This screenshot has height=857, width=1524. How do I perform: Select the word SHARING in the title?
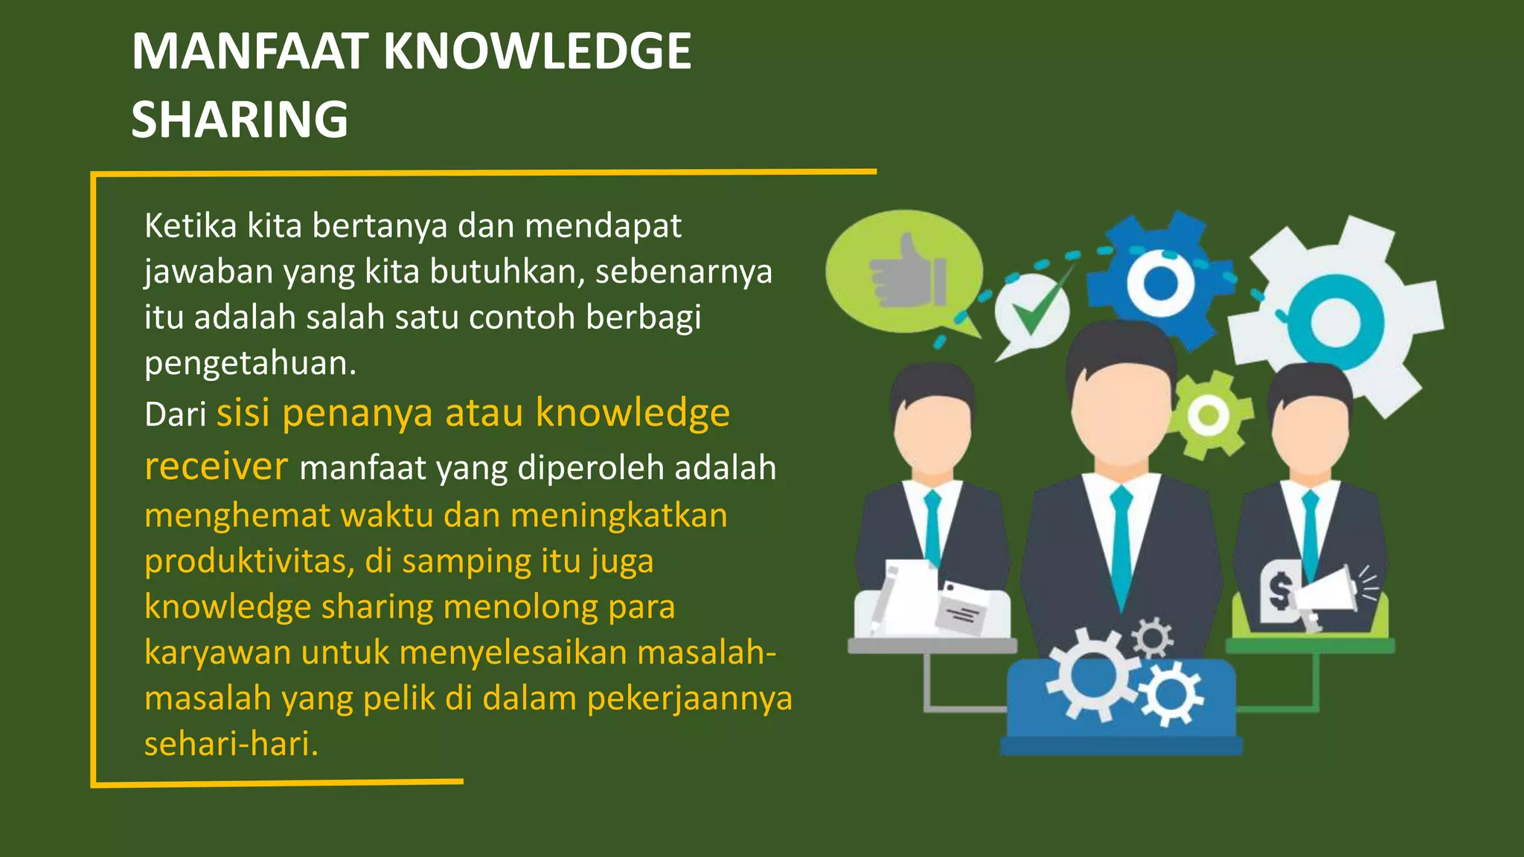240,120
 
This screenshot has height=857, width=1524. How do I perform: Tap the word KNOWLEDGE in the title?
537,51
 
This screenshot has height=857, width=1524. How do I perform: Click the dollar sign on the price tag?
1280,592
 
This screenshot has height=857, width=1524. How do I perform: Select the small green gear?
1208,414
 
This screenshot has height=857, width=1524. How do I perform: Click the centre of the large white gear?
1336,321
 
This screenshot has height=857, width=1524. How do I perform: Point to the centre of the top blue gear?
1159,283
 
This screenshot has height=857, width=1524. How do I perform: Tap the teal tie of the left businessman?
932,524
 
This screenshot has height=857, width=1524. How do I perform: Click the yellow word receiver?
216,466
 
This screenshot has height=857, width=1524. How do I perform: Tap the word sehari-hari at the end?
231,744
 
